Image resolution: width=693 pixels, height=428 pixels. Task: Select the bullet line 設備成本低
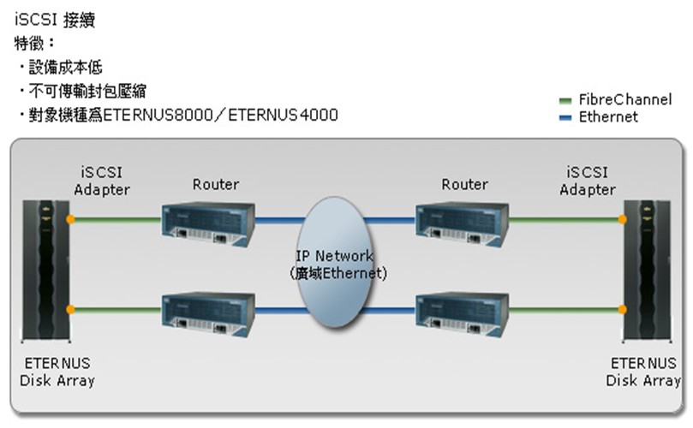coord(66,67)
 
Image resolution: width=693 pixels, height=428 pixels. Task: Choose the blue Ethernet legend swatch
coord(564,117)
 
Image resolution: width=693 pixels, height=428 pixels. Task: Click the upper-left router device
coord(208,220)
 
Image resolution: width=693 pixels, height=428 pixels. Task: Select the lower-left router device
coord(208,310)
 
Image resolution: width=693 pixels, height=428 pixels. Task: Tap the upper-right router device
coord(462,220)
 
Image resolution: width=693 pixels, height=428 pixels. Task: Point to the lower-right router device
coord(462,310)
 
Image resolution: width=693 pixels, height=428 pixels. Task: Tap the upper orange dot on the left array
coord(71,220)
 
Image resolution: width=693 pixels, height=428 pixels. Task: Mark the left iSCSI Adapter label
coord(102,181)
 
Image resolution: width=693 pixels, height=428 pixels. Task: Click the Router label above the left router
coord(216,185)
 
